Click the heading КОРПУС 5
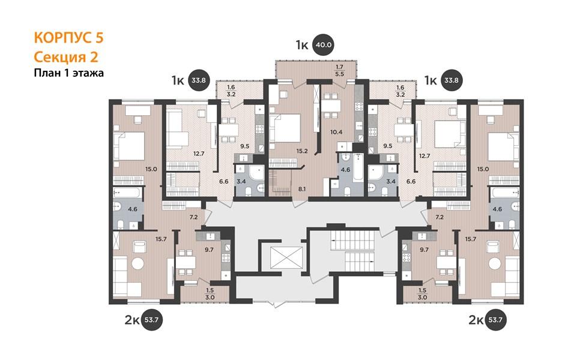click(x=68, y=38)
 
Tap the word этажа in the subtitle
click(x=88, y=73)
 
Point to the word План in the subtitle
click(x=46, y=73)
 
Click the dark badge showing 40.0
click(x=323, y=46)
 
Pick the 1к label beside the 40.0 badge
click(x=302, y=46)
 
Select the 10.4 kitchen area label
click(x=336, y=132)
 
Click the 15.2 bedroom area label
click(x=302, y=151)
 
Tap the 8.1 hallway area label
click(x=302, y=188)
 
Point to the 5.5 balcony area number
click(x=340, y=74)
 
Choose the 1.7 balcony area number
click(x=340, y=67)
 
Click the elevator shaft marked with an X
click(x=286, y=257)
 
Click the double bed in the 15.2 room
click(x=285, y=128)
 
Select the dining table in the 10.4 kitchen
click(x=331, y=106)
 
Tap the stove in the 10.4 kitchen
click(x=359, y=106)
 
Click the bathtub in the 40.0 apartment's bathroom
click(x=358, y=167)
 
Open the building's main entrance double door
click(x=274, y=303)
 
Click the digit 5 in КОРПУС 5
click(x=100, y=38)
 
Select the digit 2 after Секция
click(x=94, y=57)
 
